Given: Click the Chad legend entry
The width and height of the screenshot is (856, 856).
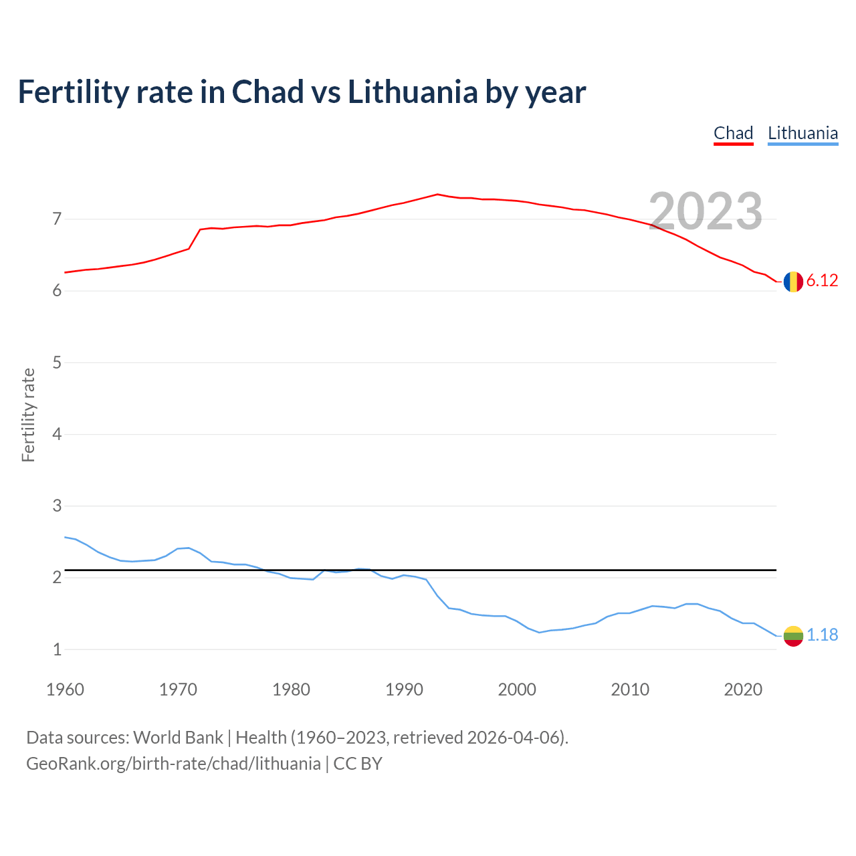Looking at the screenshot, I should [x=733, y=133].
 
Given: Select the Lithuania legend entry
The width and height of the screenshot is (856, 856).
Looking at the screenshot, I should [x=802, y=133].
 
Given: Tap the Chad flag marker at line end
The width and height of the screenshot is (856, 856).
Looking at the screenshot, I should [x=793, y=282].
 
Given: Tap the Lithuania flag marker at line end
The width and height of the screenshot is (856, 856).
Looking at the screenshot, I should [x=793, y=636].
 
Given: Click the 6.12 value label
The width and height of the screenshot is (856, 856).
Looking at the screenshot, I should [x=822, y=281].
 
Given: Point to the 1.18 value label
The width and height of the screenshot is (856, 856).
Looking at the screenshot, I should [x=822, y=635].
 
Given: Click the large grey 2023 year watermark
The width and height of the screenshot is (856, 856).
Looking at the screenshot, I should [x=706, y=211].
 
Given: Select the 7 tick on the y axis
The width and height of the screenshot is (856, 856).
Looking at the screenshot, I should [x=57, y=219].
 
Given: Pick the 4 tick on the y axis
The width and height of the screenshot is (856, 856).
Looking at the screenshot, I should [x=57, y=434].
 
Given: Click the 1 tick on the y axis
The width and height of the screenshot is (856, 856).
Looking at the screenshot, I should [x=57, y=649].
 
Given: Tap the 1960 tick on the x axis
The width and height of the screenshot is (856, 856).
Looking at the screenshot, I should [x=65, y=689].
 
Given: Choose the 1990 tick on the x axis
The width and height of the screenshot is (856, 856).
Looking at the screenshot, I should [x=404, y=689].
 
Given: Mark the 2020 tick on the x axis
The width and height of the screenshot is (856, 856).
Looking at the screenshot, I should [x=743, y=689].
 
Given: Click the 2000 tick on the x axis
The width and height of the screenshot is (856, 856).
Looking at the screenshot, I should [x=517, y=689].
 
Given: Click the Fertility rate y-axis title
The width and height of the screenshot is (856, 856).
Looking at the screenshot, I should [x=28, y=415].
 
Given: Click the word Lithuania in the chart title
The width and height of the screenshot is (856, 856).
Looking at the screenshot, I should [x=413, y=92].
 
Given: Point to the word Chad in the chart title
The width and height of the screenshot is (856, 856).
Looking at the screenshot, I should [x=267, y=92].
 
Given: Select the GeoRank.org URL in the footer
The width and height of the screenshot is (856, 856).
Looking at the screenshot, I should [x=173, y=764].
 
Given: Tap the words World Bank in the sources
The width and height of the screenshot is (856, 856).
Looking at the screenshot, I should [x=178, y=738].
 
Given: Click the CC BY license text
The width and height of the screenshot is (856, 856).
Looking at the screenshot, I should [x=358, y=764].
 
